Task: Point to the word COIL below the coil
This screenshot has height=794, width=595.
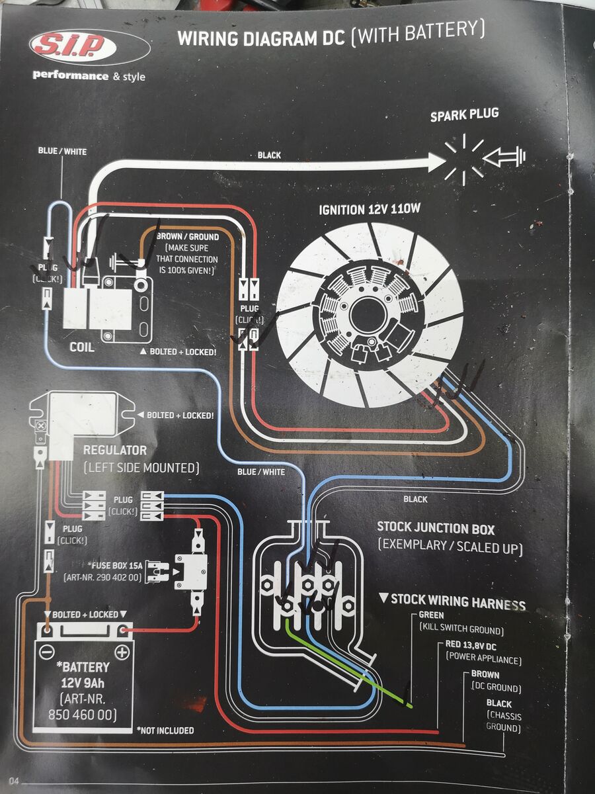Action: (x=83, y=347)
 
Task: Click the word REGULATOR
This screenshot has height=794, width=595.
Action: (x=114, y=451)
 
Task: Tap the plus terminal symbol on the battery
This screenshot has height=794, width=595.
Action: (x=122, y=652)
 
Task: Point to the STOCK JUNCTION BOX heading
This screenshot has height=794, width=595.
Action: (x=436, y=528)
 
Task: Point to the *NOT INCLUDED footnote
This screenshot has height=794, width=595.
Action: (x=165, y=730)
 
